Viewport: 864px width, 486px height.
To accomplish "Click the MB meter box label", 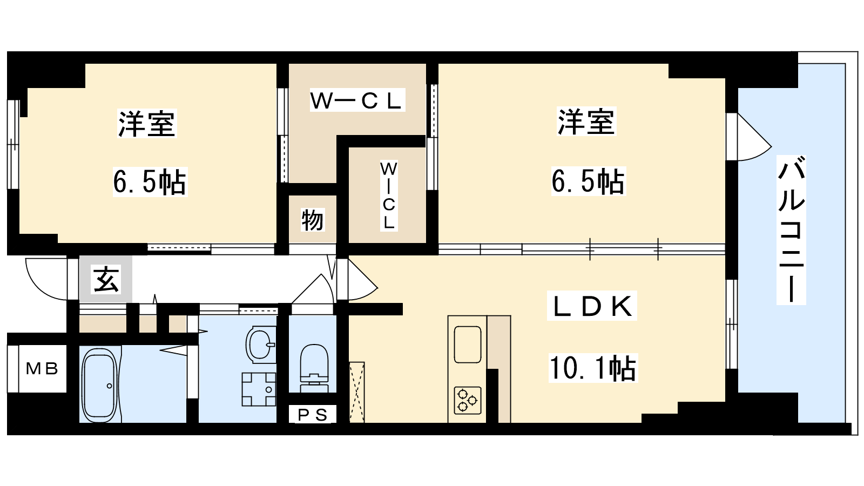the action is point(42,369).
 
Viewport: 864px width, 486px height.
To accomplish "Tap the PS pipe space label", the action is point(313,415).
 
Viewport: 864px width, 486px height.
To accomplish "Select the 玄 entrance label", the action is point(106,279).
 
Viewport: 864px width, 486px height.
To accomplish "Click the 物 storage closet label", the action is point(313,220).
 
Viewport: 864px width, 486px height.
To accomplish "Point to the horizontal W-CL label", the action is point(357,100).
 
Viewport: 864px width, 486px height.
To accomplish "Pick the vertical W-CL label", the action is point(389,196).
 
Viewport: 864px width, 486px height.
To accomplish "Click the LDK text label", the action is point(592,306).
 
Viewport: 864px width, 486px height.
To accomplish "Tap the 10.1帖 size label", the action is point(593,368).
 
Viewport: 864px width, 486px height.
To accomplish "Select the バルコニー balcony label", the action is point(791,230).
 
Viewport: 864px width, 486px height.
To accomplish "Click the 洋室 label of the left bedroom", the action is point(147,124).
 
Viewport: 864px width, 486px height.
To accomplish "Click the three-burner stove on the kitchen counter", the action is point(468,400).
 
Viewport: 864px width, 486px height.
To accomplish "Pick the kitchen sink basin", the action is point(468,345).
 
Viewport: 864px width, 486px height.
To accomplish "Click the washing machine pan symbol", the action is point(259,389).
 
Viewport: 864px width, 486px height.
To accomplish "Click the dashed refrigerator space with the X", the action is point(357,392).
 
